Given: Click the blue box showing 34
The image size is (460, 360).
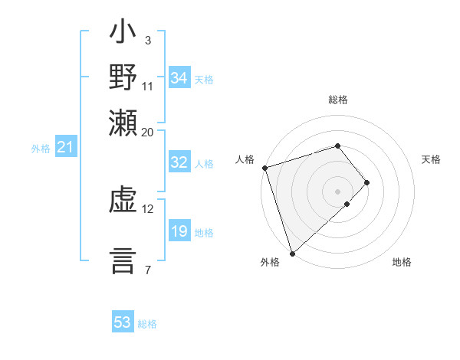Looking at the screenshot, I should pos(179,78).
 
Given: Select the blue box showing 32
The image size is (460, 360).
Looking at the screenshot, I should pos(179,162).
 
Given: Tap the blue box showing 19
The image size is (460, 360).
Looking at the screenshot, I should pos(179,231).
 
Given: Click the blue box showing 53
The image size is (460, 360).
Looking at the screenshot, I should pos(123,322).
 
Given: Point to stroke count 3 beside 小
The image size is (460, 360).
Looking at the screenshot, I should pos(147,40).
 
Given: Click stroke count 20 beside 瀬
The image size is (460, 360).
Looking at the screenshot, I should pos(147,132).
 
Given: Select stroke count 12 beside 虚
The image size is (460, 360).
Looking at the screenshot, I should pos(147,208).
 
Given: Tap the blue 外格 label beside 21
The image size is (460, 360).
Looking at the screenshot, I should pos(40,149).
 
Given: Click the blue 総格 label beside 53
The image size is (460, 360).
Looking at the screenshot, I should pos(147,324).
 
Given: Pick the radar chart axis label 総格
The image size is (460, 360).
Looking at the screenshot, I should pos(337,100).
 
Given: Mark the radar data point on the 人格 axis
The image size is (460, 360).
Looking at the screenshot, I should pos(264,167).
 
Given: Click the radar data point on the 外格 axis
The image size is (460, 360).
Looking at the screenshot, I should pos(292,253).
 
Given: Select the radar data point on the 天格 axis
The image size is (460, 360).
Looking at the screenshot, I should pos(367,182).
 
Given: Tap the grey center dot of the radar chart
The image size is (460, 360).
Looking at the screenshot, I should pos(337,191).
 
